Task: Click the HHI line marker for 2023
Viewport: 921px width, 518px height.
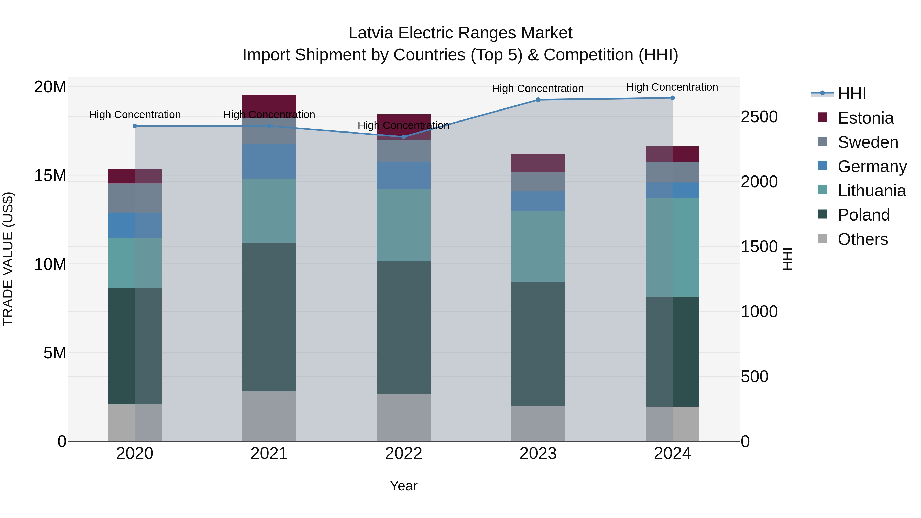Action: click(x=538, y=100)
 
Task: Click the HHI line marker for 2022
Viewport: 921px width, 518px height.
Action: click(x=404, y=137)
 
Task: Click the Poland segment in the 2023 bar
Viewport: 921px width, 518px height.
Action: click(x=538, y=344)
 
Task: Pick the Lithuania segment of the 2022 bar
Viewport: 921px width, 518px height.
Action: click(x=404, y=225)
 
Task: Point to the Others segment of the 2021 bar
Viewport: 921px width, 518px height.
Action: click(x=269, y=416)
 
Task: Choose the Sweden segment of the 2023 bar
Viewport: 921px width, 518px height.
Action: click(x=538, y=182)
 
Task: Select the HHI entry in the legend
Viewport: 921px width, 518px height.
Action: click(x=852, y=94)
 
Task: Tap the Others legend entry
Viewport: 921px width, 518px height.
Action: click(x=862, y=239)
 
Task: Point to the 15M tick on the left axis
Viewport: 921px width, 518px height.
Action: click(x=50, y=175)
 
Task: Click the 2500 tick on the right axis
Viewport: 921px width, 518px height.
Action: click(x=759, y=117)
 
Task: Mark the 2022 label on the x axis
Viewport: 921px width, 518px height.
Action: click(x=404, y=454)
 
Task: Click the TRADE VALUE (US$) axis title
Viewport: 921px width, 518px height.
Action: click(x=8, y=259)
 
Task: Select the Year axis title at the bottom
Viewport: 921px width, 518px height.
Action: click(x=404, y=486)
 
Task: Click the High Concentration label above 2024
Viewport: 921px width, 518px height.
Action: click(x=672, y=87)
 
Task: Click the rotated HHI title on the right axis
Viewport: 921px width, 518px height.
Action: click(x=788, y=259)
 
